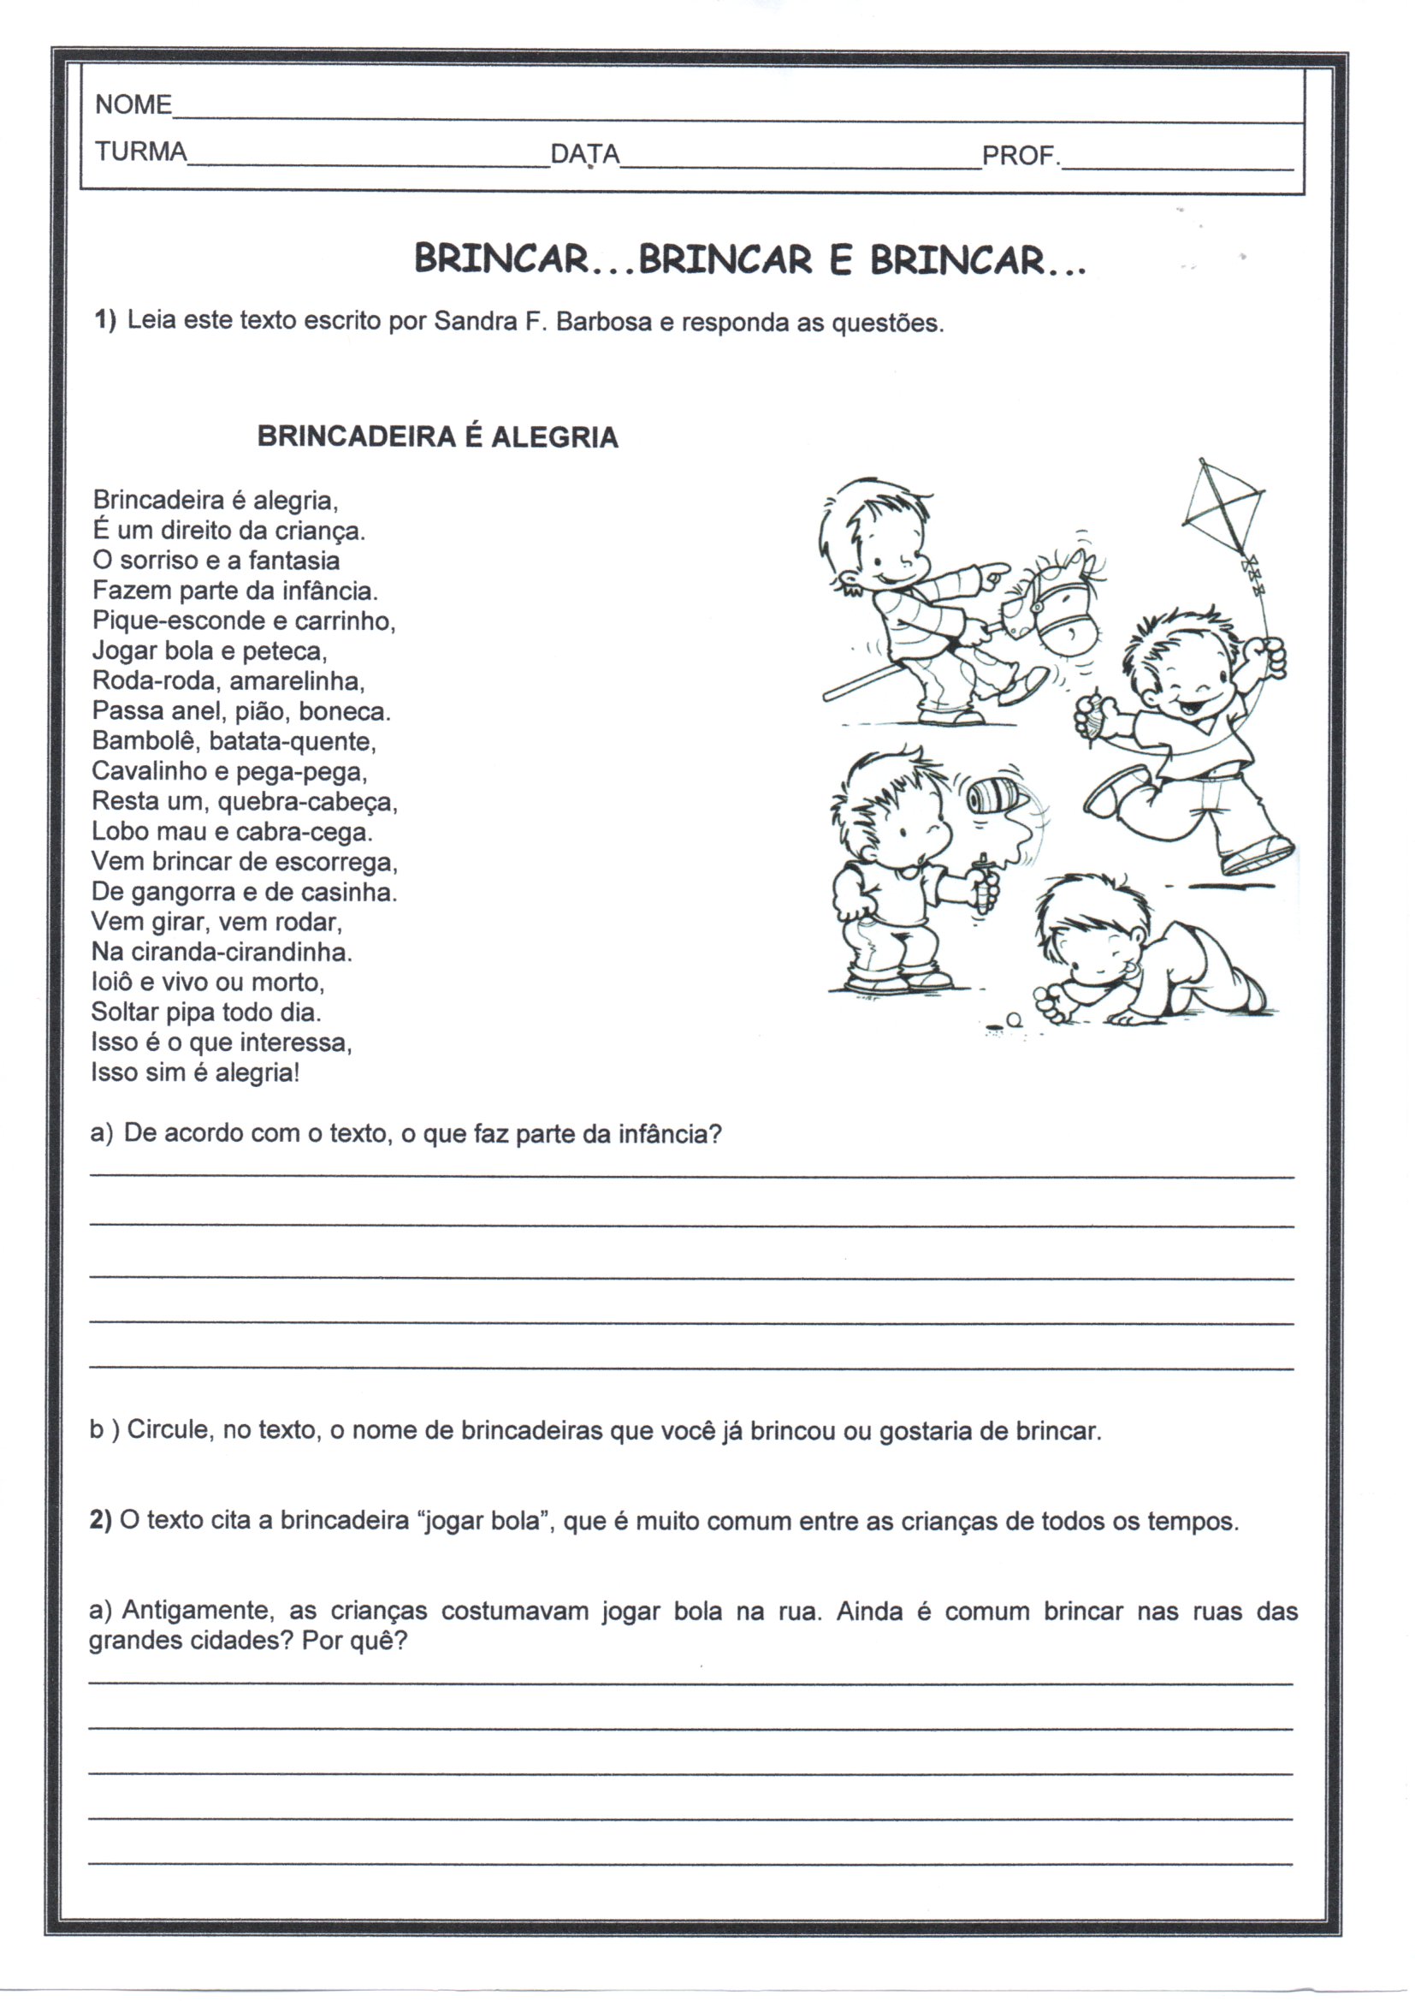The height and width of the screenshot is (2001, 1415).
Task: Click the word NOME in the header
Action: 133,104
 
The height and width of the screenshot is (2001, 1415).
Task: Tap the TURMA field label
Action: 141,152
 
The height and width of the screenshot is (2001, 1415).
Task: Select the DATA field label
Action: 584,155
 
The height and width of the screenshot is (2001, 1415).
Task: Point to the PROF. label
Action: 1021,157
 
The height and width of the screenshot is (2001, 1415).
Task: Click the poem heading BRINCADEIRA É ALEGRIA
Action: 437,436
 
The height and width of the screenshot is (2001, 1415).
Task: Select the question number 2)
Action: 100,1521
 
